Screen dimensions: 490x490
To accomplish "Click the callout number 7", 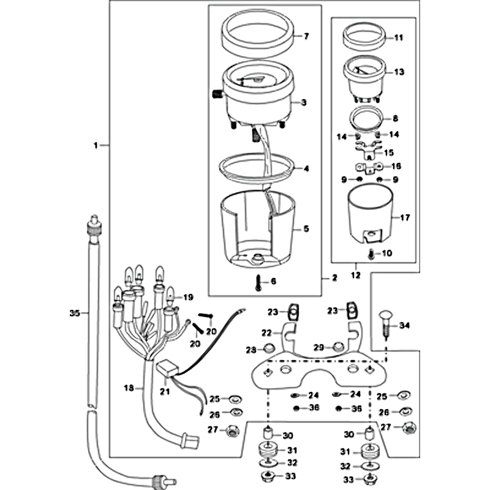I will point(307,36).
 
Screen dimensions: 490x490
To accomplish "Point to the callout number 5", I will point(307,229).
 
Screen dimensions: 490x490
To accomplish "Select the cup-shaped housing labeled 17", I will point(370,215).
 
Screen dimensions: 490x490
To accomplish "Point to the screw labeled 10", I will point(371,252).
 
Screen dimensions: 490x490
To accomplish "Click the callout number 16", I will point(396,166).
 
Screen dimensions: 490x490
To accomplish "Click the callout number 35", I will point(75,313).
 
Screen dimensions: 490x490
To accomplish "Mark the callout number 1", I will point(96,145).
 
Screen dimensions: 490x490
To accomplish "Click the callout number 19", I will point(188,297).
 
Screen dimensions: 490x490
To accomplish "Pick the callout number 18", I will point(129,387).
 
